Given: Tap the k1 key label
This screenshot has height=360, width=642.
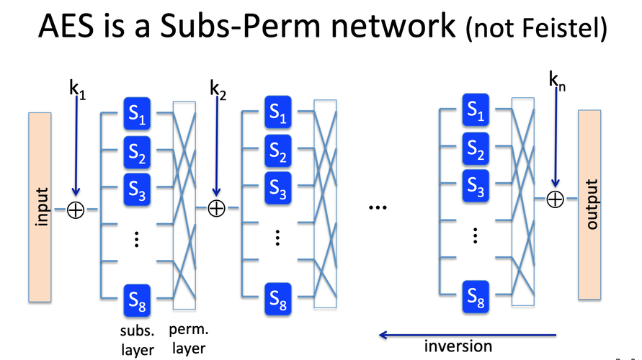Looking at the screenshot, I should (x=77, y=90).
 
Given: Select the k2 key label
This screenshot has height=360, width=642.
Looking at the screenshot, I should (x=217, y=90).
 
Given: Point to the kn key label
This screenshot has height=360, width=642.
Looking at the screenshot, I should (x=556, y=81).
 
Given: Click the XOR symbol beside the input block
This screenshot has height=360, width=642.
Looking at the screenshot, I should (x=76, y=210).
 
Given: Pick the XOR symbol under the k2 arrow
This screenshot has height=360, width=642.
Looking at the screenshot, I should (x=216, y=209).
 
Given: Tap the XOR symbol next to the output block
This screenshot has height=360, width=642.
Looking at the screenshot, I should (x=554, y=199).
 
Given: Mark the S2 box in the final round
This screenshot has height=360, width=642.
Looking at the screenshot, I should (x=476, y=149).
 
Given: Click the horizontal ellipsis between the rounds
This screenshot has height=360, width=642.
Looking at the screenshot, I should (x=378, y=208).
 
